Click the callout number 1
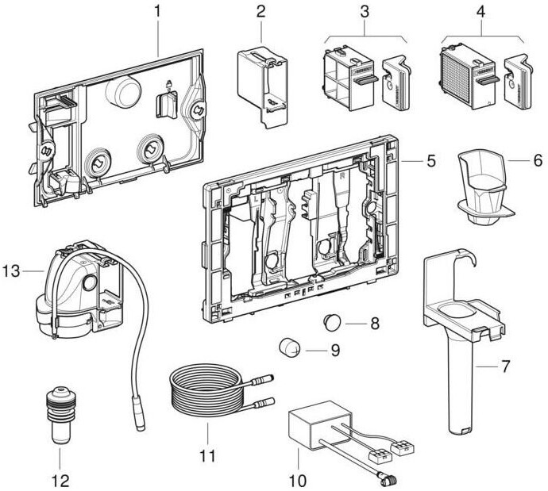point(157,13)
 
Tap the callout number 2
point(261,13)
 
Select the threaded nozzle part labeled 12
point(60,412)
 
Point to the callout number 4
point(479,13)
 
